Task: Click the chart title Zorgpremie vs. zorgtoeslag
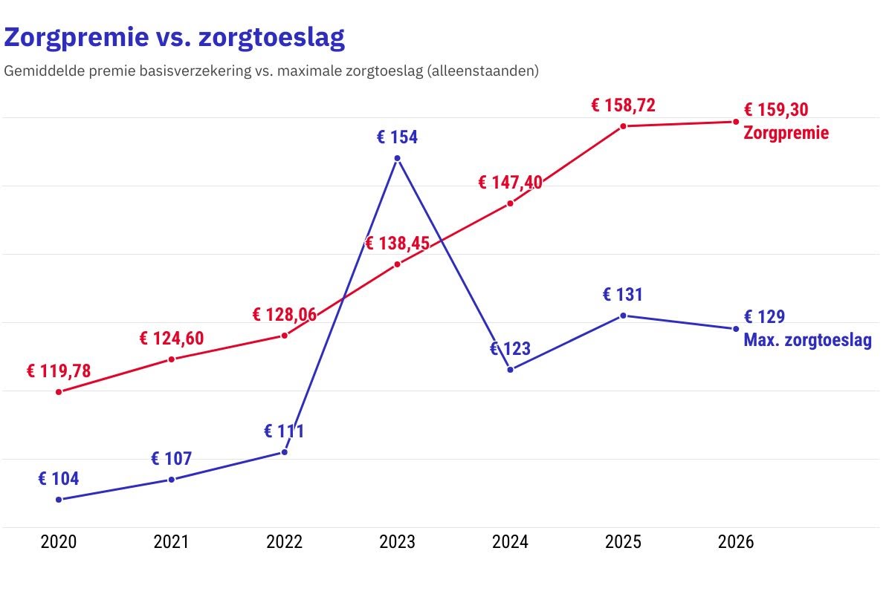(175, 37)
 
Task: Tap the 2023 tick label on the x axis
(397, 542)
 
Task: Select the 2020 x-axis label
(59, 542)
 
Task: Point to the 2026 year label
(736, 542)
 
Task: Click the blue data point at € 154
(397, 158)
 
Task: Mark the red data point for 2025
(623, 126)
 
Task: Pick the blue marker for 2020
(59, 499)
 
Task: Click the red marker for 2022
(285, 336)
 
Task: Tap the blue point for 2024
(510, 369)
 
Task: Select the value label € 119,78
(59, 371)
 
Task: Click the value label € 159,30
(776, 110)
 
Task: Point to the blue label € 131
(623, 295)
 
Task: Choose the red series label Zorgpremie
(786, 134)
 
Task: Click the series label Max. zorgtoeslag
(807, 342)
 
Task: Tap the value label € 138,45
(397, 243)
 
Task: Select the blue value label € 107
(172, 459)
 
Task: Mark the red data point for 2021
(172, 359)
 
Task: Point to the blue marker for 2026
(736, 329)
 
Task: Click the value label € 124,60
(172, 339)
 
